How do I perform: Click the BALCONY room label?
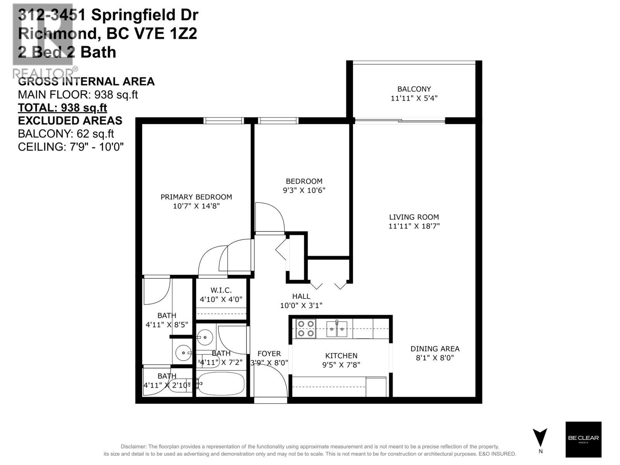[x=414, y=89]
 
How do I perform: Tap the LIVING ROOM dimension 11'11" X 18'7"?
[x=414, y=226]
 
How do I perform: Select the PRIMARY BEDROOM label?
[x=196, y=197]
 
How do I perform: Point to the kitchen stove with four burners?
[x=305, y=328]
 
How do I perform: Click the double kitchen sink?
[x=336, y=329]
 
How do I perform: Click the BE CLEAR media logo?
[x=583, y=439]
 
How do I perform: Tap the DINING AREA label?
[x=435, y=349]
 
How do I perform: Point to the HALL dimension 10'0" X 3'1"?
[x=301, y=305]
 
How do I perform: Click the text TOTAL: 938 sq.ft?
[x=62, y=107]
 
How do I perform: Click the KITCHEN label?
[x=341, y=356]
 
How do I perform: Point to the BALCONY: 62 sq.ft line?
[x=66, y=134]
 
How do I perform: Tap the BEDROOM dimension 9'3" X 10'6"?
[x=304, y=190]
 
